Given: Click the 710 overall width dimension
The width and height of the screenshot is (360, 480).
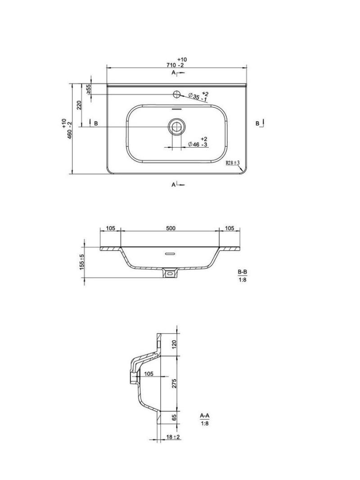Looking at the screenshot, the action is (x=175, y=65).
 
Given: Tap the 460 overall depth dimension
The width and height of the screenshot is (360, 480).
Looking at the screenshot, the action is (x=69, y=131).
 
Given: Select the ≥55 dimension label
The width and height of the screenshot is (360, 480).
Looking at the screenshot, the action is (x=88, y=89).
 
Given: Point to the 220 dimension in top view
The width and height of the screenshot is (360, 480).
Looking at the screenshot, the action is (x=79, y=105).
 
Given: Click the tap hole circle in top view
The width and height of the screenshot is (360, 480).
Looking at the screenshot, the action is (x=176, y=94).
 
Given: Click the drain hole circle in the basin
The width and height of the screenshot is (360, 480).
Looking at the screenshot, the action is (x=176, y=126).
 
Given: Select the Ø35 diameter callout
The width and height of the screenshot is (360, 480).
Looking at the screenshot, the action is (x=198, y=98).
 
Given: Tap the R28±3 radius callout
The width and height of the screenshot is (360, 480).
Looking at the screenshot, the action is (x=233, y=163).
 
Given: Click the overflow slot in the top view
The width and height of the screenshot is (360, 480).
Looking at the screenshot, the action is (x=176, y=109).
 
